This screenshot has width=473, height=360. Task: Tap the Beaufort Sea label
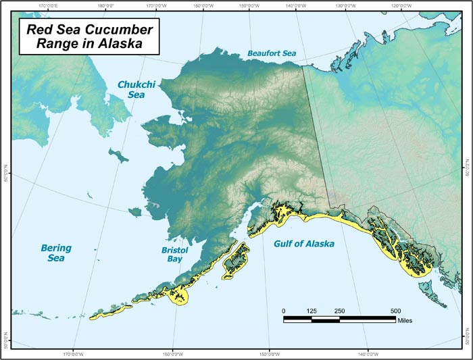(271, 53)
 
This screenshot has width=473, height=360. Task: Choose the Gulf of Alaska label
(303, 243)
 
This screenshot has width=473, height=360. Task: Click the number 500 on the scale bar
(395, 310)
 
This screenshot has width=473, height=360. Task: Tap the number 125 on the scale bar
(312, 310)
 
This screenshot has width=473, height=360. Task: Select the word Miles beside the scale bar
(405, 321)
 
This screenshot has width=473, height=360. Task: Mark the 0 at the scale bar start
(284, 310)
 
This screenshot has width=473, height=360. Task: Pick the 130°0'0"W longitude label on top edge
(345, 6)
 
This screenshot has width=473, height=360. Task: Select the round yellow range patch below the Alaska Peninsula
(180, 296)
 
